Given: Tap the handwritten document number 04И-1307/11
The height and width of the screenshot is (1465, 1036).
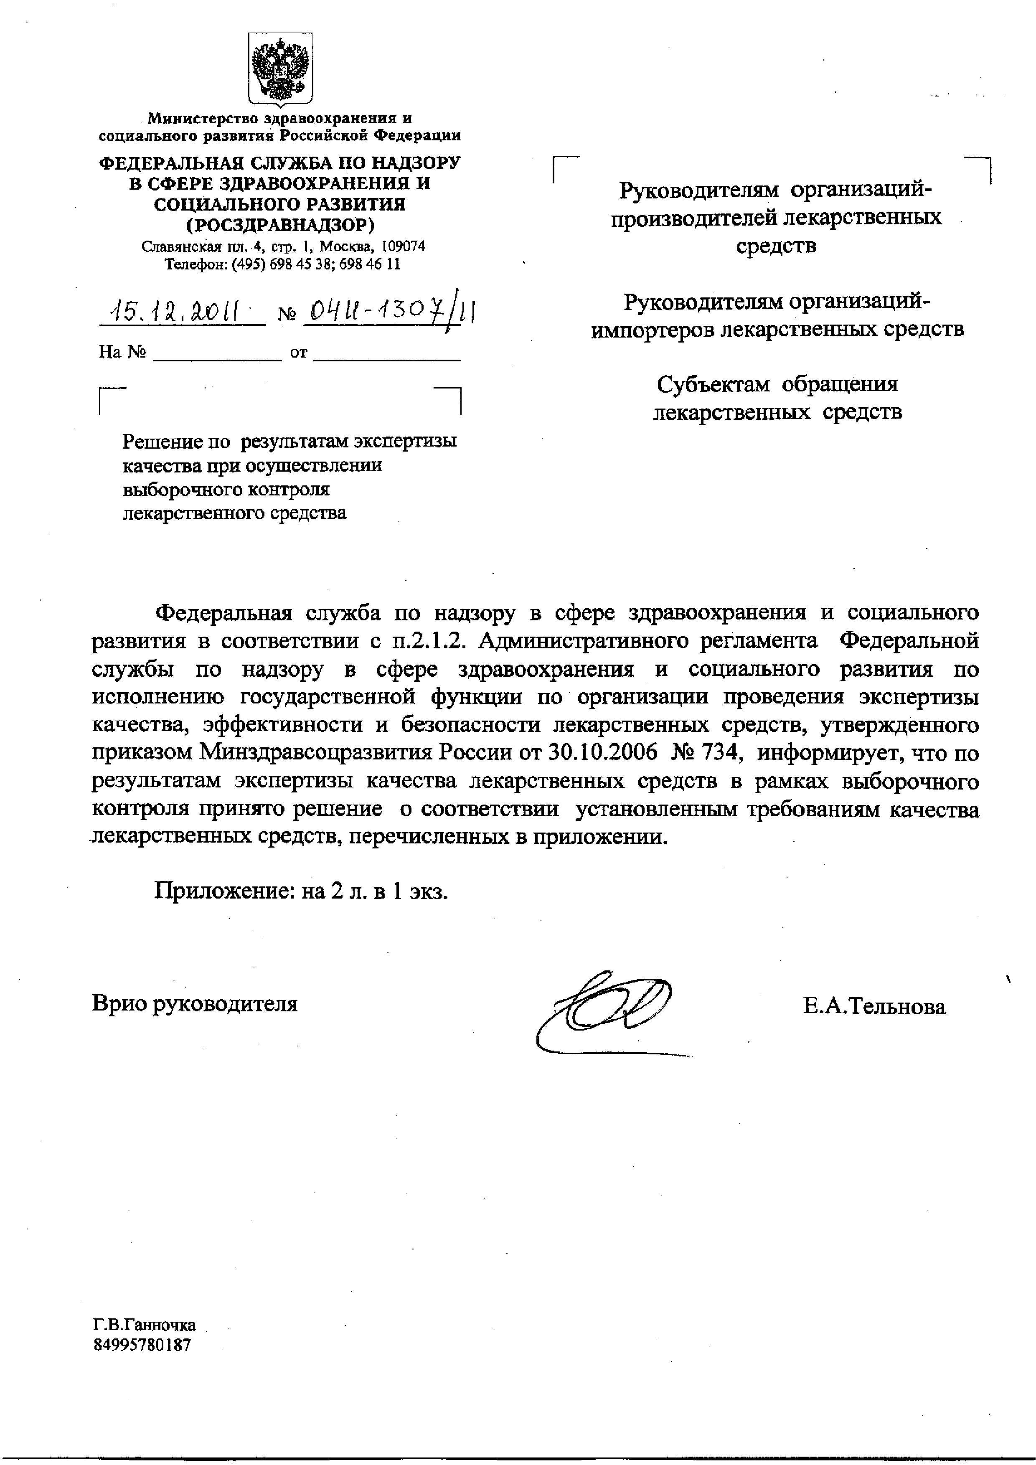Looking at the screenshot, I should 390,312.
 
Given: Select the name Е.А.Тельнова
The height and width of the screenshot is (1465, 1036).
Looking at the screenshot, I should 874,1007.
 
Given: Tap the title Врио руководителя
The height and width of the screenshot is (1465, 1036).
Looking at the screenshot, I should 195,1004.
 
